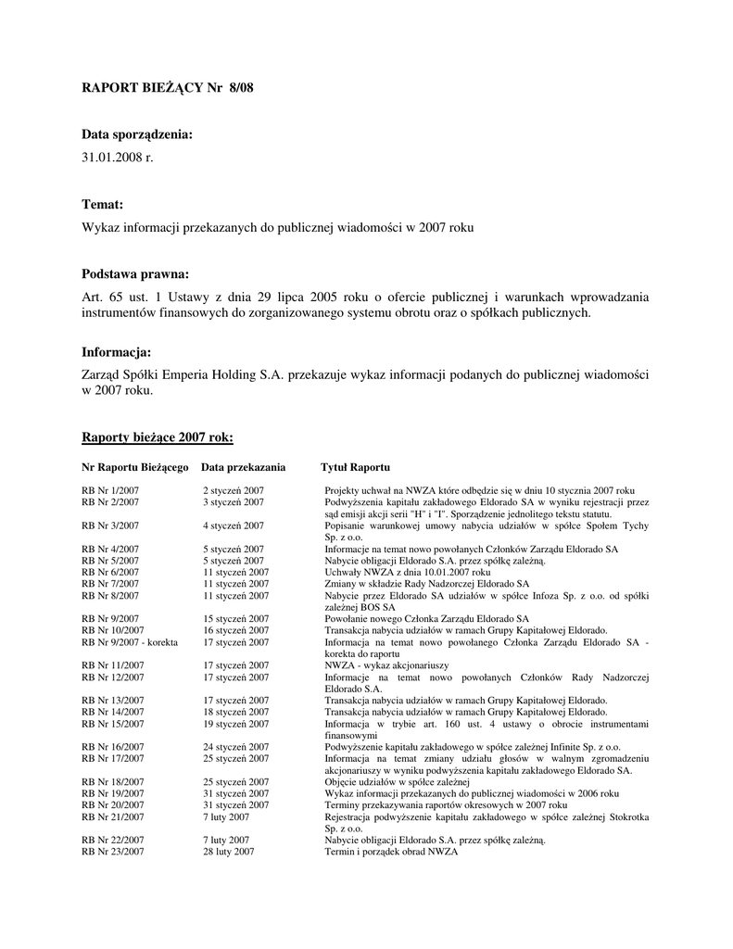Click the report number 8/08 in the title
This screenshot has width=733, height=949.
tap(239, 88)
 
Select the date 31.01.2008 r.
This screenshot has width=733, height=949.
tap(118, 158)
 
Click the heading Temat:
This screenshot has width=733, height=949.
tap(103, 204)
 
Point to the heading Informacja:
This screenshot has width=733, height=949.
tap(116, 352)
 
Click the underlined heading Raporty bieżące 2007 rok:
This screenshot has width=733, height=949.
tap(158, 437)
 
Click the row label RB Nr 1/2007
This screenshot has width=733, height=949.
tap(110, 490)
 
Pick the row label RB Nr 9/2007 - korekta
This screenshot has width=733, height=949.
tap(130, 641)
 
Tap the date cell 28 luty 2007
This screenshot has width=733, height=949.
tap(227, 851)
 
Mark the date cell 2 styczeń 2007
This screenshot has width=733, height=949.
tap(233, 490)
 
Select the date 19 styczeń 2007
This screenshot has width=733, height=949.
tap(235, 723)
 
